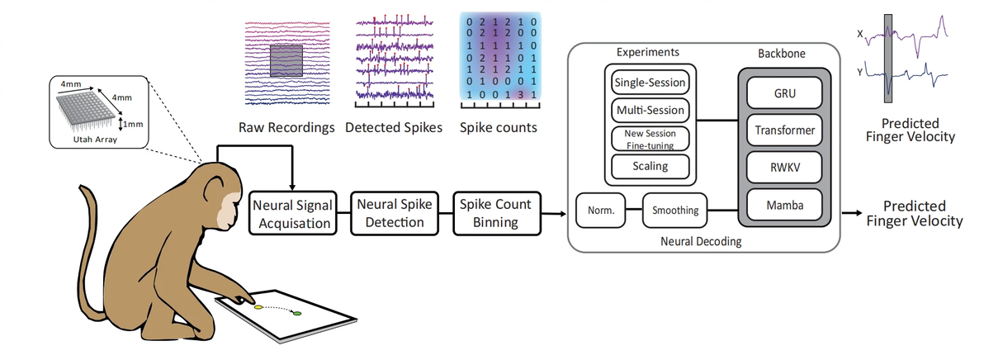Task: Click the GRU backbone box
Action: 785,93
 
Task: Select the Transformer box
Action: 785,130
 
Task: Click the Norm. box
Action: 600,211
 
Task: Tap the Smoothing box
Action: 674,211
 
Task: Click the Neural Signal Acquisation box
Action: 294,211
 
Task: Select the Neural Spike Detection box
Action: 392,211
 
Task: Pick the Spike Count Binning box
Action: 495,211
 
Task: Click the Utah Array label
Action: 99,141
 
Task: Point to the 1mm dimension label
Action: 134,125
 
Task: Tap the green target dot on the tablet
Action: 298,313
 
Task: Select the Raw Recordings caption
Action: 286,128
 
